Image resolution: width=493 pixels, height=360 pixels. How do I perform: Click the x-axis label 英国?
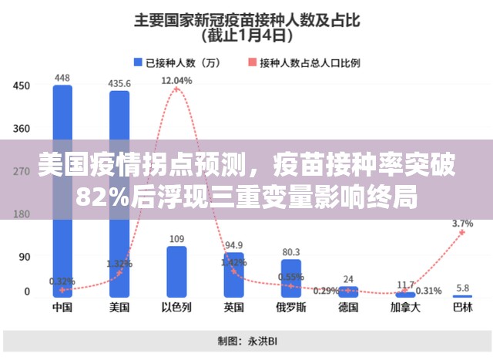pos(233,308)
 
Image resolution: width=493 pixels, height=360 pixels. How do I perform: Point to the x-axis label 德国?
pos(348,308)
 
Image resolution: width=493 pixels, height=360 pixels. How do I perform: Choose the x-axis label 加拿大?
pos(405,308)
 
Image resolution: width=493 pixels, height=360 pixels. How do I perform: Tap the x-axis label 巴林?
pos(462,308)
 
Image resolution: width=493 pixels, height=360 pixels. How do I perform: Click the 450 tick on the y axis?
pos(21,86)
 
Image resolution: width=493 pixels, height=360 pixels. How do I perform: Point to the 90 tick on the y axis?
pos(24,257)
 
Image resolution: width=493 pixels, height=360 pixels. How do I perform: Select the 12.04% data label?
pos(176,79)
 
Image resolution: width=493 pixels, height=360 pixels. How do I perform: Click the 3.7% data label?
pos(463,223)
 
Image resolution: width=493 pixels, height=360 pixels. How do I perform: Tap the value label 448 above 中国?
pos(62,77)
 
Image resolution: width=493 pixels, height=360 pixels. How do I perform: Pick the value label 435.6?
pos(119,82)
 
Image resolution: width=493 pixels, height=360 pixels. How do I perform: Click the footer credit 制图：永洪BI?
pos(246,341)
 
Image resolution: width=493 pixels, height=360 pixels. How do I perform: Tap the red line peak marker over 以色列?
pos(176,89)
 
